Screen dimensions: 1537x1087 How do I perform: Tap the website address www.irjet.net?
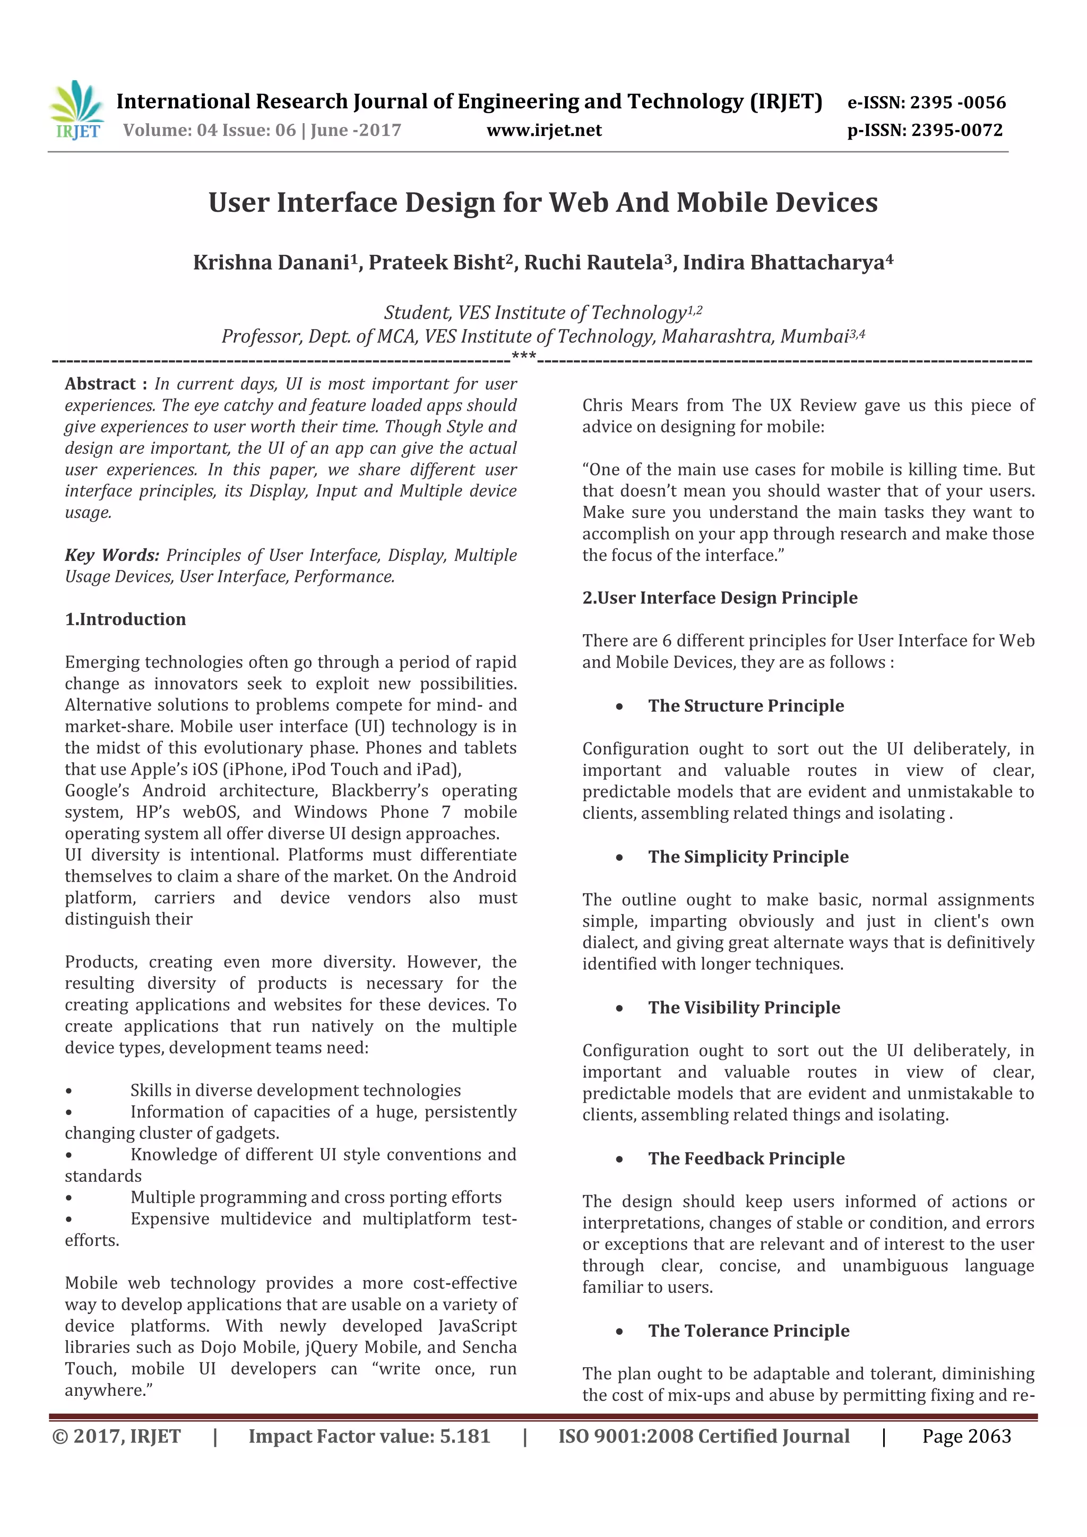pos(543,131)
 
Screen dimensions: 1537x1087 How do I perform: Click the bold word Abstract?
pos(100,384)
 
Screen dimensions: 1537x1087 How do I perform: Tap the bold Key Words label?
pos(112,555)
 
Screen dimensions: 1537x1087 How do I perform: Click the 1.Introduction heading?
pos(125,619)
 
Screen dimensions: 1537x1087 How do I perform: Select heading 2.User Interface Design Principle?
pos(720,598)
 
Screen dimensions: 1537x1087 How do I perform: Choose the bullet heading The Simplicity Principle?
pos(748,857)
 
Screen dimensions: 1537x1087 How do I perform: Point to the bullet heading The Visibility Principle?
pos(744,1007)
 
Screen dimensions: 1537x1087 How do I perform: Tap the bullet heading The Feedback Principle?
pos(746,1159)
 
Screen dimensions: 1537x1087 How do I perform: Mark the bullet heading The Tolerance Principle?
pos(748,1331)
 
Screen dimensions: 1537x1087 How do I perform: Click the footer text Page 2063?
pos(966,1437)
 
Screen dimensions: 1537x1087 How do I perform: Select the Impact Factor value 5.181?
pos(464,1437)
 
